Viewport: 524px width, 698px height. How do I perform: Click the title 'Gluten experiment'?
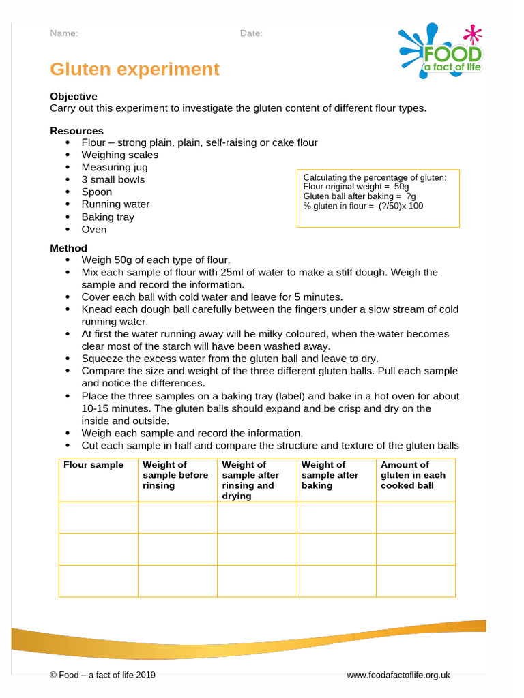tap(134, 70)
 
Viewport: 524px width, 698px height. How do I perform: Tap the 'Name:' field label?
tap(63, 33)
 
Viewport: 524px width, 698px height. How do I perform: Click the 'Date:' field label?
tap(250, 33)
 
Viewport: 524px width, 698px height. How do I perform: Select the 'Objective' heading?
tap(73, 97)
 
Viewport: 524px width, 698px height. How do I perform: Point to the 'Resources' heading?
tap(76, 131)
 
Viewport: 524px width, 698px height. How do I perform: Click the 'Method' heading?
tap(68, 248)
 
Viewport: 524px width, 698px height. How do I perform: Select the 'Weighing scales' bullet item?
tap(119, 155)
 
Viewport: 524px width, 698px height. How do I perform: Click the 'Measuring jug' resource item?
tap(114, 167)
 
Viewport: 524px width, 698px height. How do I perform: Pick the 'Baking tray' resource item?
tap(108, 217)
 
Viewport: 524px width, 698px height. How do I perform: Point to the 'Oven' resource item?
tap(94, 229)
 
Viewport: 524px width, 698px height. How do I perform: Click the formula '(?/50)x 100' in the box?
tap(401, 206)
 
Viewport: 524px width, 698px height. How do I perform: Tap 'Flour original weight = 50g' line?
tap(355, 187)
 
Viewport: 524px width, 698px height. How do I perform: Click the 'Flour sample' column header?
tap(93, 465)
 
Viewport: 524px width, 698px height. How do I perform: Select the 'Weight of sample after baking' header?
tap(330, 475)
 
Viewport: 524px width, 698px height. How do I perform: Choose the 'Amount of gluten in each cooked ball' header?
tap(413, 475)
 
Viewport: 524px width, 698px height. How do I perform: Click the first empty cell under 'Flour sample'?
tap(98, 517)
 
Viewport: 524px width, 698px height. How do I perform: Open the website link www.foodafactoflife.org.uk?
tap(398, 675)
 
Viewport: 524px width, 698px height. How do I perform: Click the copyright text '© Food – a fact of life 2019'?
tap(102, 675)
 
